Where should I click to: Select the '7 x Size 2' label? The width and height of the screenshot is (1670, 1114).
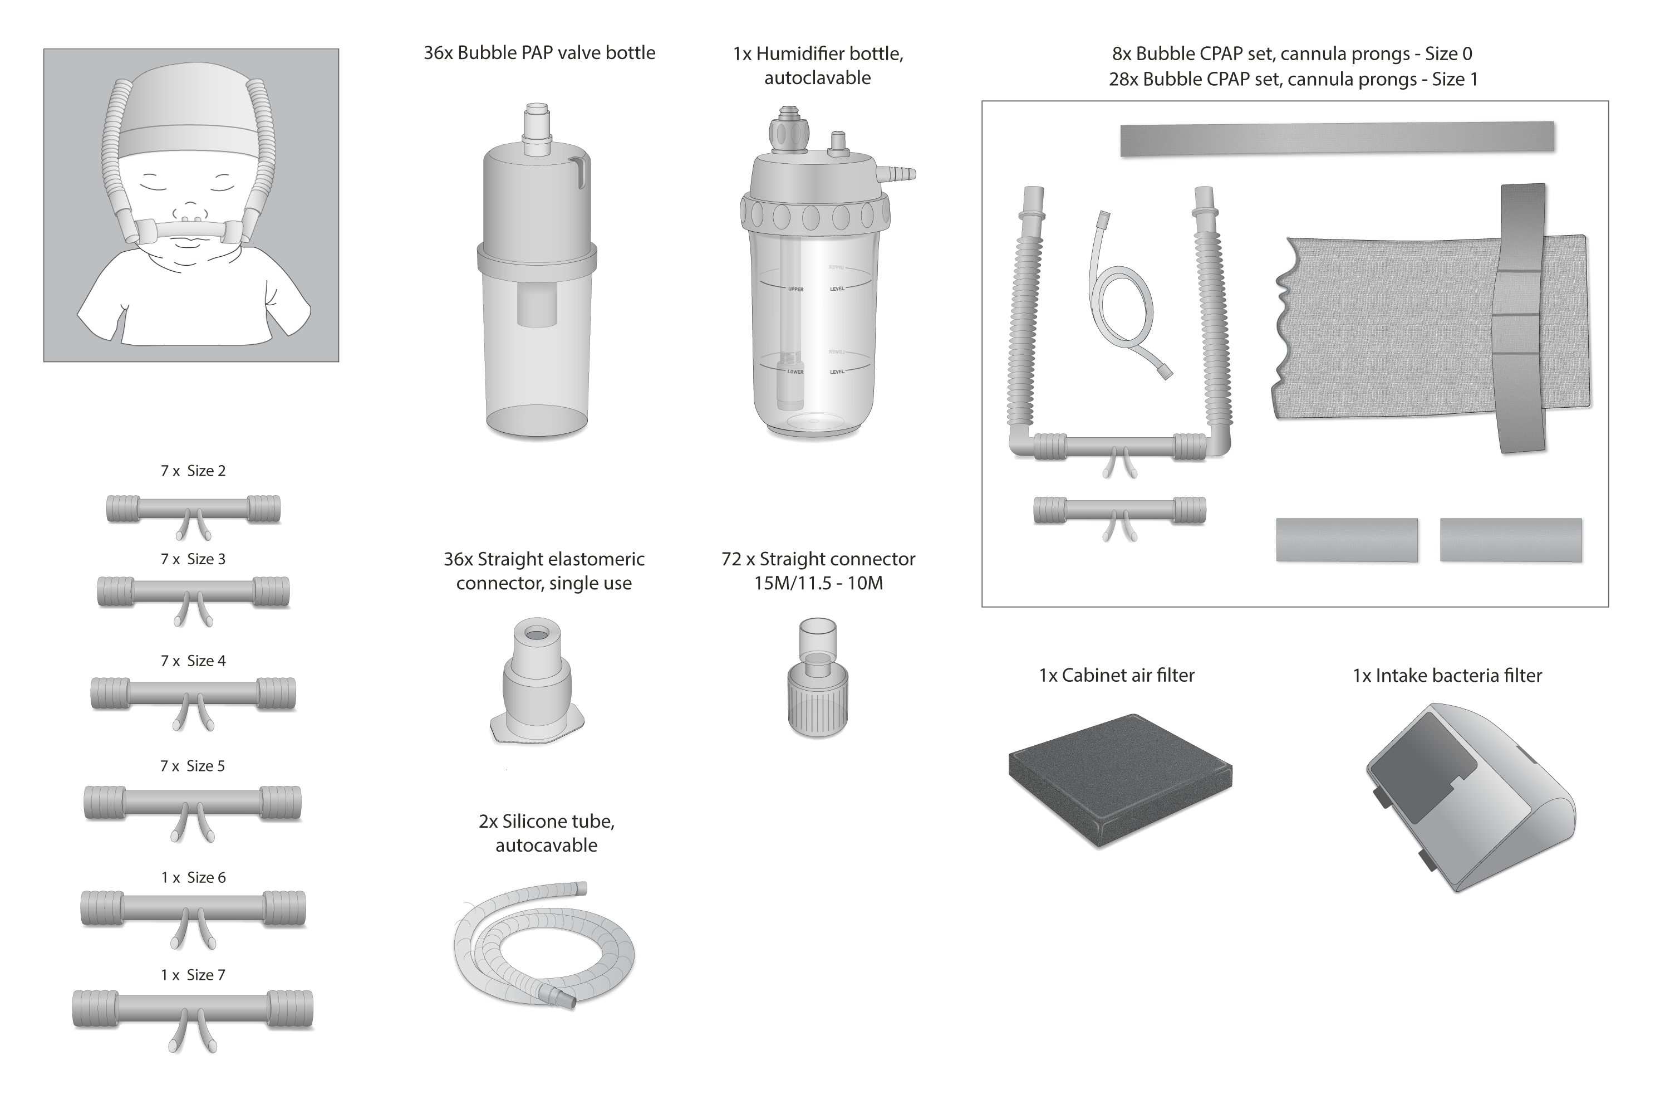[193, 471]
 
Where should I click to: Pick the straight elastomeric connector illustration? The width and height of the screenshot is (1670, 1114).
[537, 682]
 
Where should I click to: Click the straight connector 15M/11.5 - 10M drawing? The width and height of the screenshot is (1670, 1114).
[817, 678]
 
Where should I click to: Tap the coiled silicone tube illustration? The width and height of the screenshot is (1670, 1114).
[543, 945]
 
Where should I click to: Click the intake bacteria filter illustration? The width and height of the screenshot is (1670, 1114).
[1470, 796]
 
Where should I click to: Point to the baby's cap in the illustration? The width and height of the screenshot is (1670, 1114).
[190, 106]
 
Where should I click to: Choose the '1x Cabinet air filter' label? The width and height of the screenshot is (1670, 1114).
[1116, 675]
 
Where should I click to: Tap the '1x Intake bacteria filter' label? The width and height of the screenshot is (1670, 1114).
[1447, 675]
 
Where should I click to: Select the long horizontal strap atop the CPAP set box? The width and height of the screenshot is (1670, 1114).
[1337, 138]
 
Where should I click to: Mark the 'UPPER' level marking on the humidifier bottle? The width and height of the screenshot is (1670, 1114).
[795, 289]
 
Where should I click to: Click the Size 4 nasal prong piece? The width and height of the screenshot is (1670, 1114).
[193, 693]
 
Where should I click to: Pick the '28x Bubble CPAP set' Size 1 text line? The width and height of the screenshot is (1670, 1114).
[1293, 79]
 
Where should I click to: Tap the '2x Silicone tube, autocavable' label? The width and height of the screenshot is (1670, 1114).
[546, 833]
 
